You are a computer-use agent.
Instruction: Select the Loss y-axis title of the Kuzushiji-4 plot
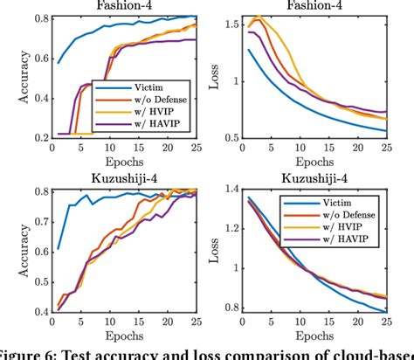[x=215, y=249]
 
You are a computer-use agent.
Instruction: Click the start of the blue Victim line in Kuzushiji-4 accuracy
[x=59, y=248]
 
